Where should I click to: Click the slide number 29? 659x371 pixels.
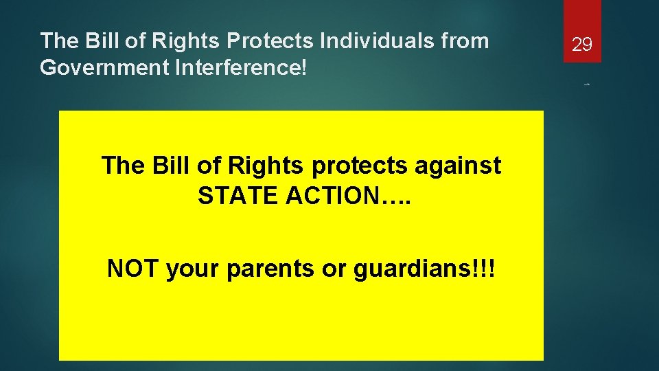coord(582,45)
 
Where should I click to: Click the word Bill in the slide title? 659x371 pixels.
coord(106,41)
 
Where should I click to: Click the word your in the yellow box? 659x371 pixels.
coord(194,269)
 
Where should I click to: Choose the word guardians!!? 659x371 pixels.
coord(424,269)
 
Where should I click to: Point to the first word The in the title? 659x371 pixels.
coord(60,41)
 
